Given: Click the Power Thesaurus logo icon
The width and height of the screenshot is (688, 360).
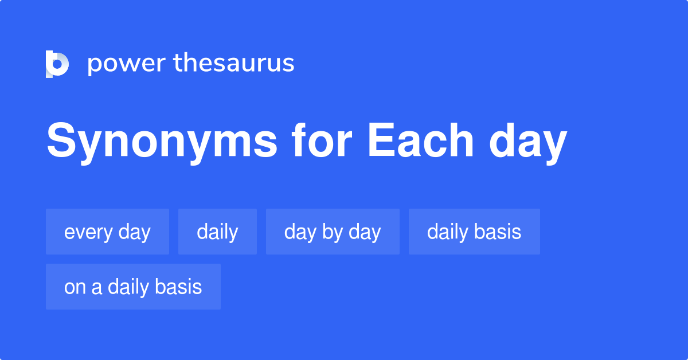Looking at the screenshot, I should click(x=57, y=64).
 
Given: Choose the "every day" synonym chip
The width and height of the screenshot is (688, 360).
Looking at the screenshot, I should click(x=107, y=232).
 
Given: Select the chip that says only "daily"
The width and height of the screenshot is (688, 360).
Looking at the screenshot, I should click(x=217, y=232).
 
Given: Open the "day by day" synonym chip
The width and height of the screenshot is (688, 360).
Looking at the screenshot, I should click(x=333, y=232).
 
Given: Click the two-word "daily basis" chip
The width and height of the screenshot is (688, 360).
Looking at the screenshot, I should click(x=474, y=232).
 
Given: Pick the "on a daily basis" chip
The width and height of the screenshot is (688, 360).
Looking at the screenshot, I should click(x=133, y=287).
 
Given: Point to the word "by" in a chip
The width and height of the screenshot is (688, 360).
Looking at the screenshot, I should click(x=333, y=233).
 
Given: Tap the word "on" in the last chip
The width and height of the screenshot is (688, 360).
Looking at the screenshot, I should click(x=75, y=287).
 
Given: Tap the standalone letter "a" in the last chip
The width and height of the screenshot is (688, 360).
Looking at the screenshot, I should click(x=97, y=287).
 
